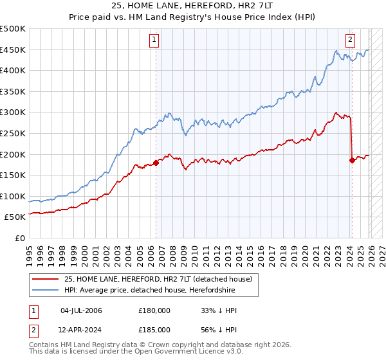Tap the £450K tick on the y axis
(13, 50)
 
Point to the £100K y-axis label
(13, 196)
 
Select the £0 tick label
(19, 238)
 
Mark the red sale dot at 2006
(156, 163)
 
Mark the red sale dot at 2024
(352, 161)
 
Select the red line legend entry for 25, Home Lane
(153, 279)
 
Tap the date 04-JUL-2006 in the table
(81, 310)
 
